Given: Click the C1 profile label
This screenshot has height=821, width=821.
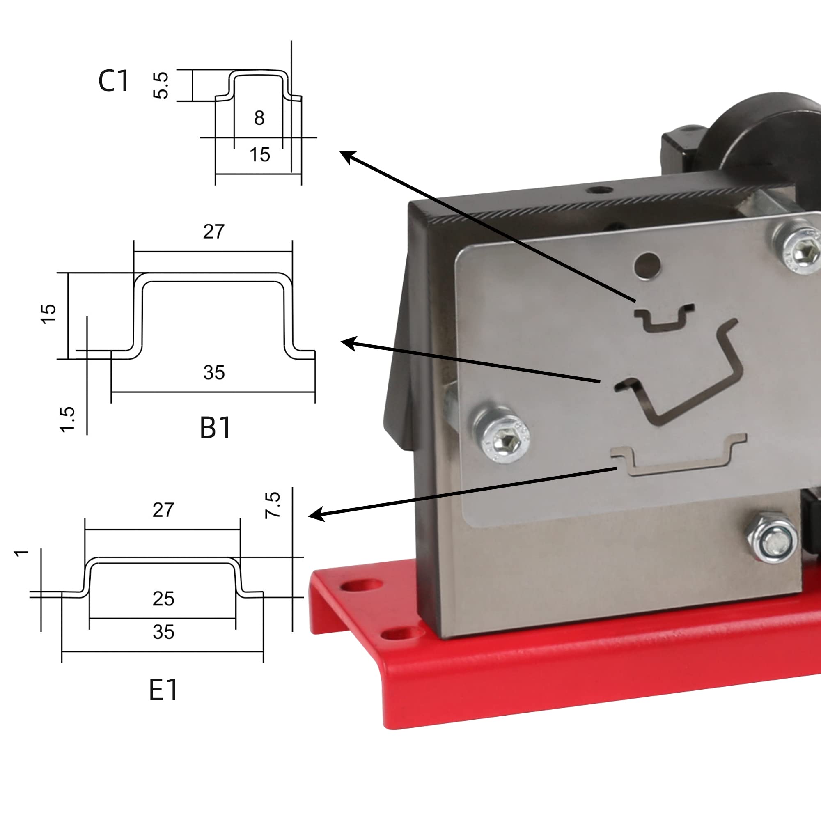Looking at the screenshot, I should coord(113,81).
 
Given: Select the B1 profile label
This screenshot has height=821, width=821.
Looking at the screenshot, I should coord(216,427).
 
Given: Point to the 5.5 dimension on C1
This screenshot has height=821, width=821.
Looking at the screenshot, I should coord(161,85).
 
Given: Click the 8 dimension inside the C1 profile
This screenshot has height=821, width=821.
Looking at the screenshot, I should coord(259,118).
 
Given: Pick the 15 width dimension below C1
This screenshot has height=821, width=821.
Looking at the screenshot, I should coord(260,155).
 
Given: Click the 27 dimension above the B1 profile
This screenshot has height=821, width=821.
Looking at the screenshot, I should coord(213,232).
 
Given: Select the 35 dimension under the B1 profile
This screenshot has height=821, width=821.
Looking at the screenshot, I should coord(214,373).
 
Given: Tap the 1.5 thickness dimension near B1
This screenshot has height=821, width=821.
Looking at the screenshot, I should coord(68,420).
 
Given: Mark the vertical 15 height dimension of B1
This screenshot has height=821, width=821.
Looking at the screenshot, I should coord(48,314).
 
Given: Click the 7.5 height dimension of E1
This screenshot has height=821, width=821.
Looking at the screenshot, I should coord(273,505).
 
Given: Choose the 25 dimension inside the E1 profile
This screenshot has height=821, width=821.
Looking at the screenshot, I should coord(164,599).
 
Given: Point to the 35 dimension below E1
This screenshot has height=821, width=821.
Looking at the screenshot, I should coord(164,632).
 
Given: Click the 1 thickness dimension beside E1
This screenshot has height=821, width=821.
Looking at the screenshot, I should coord(21,553).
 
